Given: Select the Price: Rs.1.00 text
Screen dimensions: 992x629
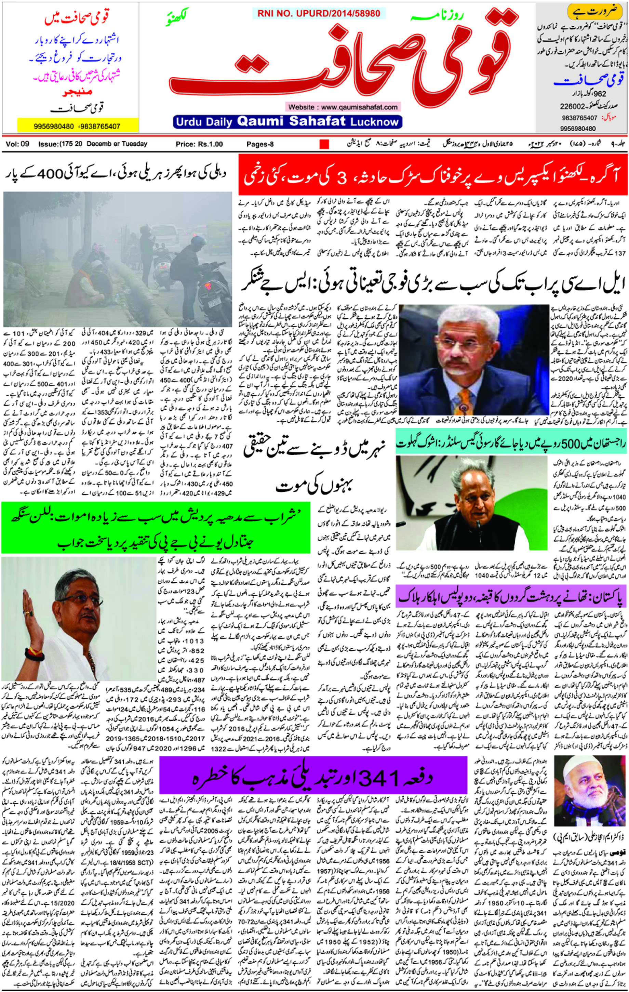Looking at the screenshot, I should click(199, 144).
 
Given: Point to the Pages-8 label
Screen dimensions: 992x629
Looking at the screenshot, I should click(260, 144).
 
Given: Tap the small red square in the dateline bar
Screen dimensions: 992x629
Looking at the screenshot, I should click(324, 144).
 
